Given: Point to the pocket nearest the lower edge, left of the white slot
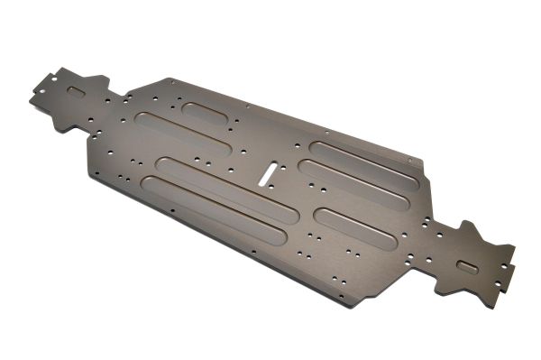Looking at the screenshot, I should click(209, 214).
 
